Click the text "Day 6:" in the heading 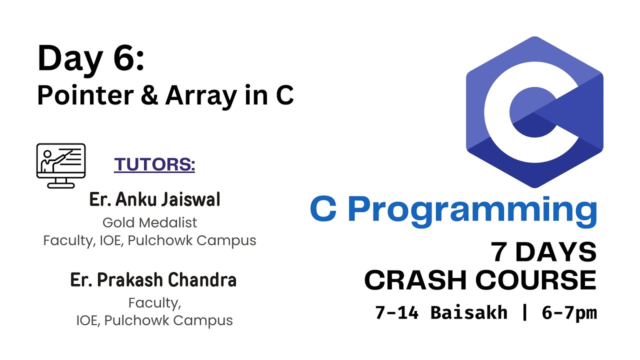pos(90,58)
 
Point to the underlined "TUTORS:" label pos(154,164)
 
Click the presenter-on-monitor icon pos(61,165)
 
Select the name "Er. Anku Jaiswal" pos(154,200)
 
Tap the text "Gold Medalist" pos(149,222)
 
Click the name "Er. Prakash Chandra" pos(153,280)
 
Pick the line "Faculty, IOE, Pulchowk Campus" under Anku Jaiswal pos(149,240)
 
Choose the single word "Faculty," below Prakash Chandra pos(154,303)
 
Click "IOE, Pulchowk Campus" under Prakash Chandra pos(154,320)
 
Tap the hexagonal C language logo pos(534,112)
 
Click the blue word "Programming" pos(475,211)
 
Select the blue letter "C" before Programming pos(323,210)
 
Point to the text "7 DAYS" pos(543,253)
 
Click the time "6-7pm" pos(569,313)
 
